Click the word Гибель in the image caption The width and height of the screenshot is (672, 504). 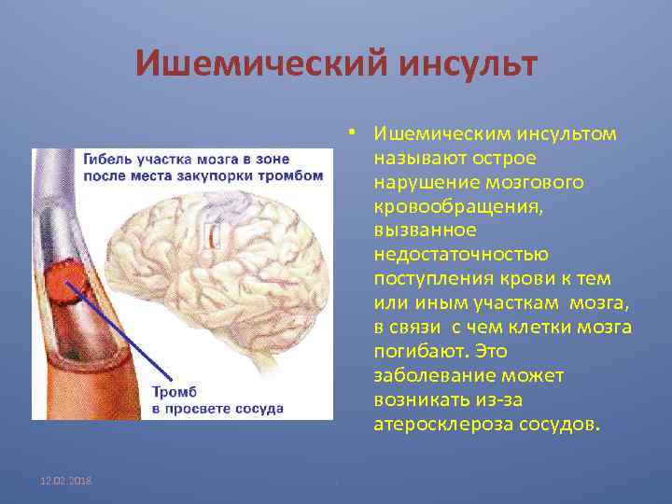(105, 159)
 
